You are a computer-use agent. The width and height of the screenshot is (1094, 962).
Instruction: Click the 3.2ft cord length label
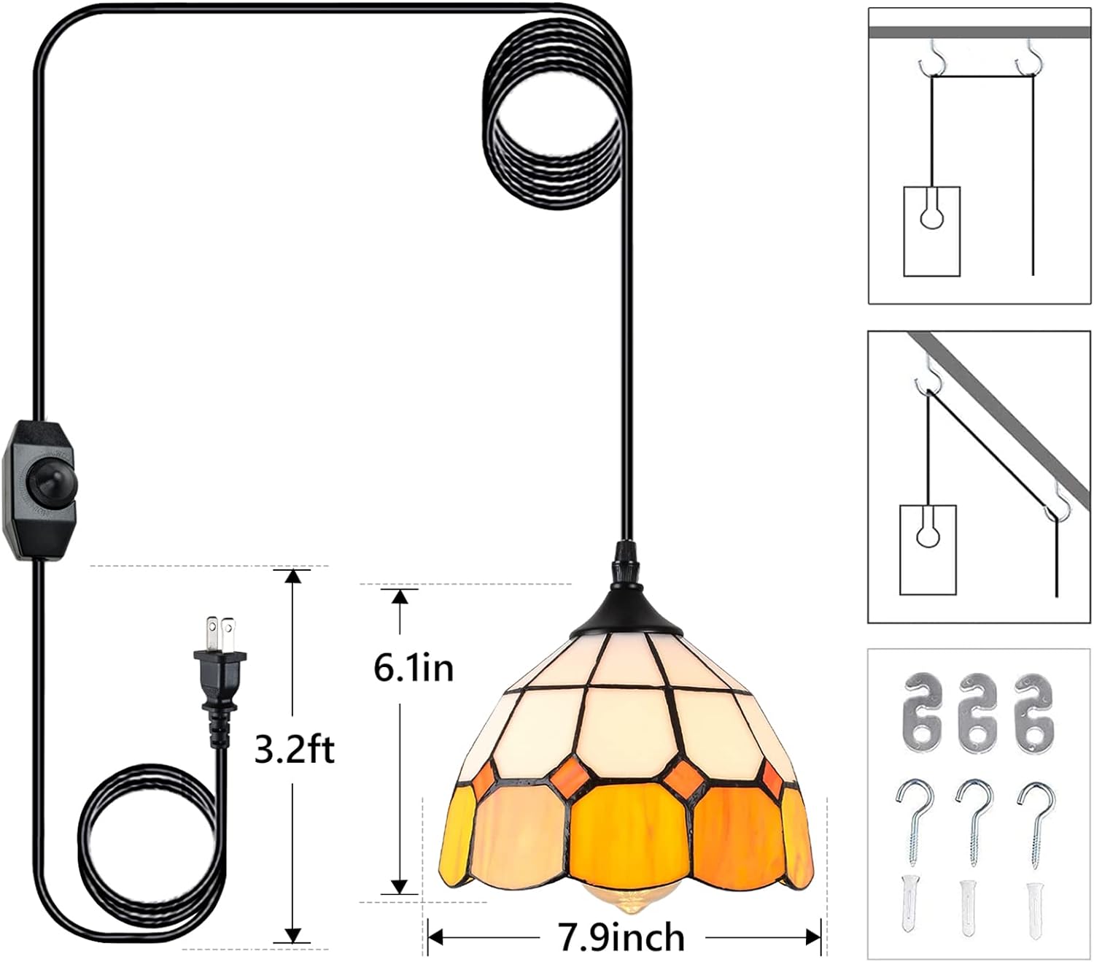click(294, 750)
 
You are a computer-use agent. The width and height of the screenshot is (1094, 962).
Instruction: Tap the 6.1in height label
click(414, 668)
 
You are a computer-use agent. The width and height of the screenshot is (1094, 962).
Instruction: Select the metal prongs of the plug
click(221, 631)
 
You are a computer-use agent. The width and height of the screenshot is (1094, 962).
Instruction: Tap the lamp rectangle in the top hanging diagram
click(931, 231)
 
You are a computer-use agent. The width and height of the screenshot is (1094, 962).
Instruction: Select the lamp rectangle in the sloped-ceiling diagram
click(928, 550)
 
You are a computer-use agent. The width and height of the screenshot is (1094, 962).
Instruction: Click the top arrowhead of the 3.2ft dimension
click(293, 576)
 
